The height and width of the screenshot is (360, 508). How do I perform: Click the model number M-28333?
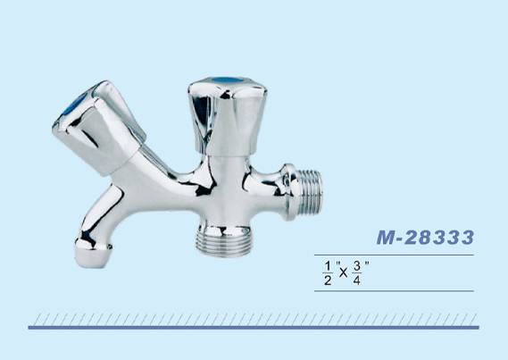[x=425, y=238]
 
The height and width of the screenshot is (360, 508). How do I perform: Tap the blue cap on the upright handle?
[x=227, y=80]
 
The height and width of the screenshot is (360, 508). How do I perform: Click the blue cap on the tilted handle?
[x=74, y=105]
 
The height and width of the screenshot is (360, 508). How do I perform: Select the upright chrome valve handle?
[x=228, y=116]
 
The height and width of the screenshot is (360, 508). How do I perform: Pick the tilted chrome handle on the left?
[x=98, y=128]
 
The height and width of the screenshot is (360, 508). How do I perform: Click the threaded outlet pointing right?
[x=310, y=192]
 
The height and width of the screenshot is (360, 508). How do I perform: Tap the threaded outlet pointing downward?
[x=223, y=245]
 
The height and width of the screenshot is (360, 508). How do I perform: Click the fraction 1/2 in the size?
[x=328, y=273]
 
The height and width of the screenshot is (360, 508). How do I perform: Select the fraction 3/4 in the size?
[x=357, y=273]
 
